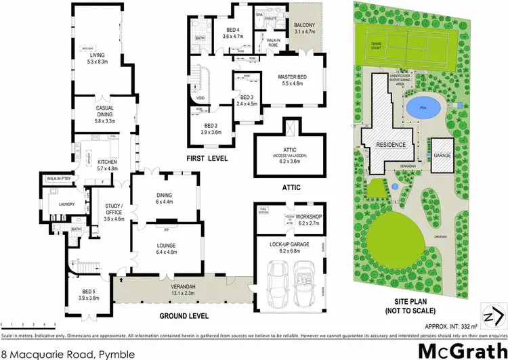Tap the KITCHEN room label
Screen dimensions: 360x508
(107, 162)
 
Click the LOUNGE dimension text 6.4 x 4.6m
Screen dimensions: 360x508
(166, 252)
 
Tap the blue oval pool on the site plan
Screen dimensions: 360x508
(423, 108)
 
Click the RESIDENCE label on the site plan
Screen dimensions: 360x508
(391, 145)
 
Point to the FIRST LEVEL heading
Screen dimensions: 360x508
(207, 158)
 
